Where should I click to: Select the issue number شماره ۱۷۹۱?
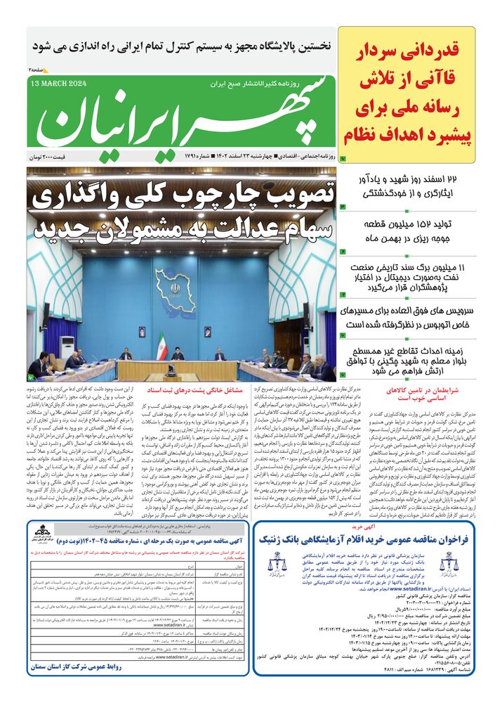199,155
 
